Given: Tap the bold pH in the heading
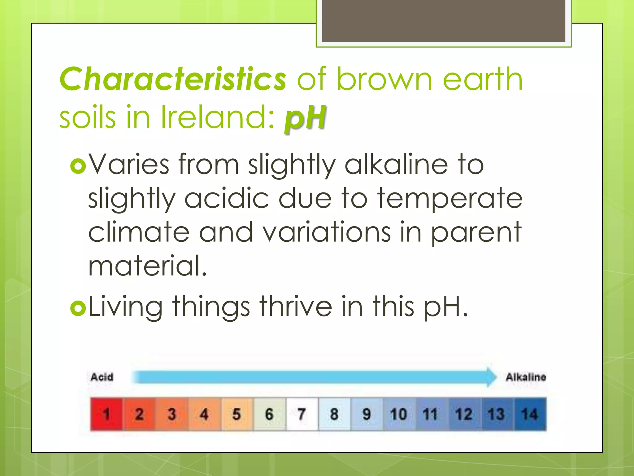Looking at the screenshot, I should coord(305,118).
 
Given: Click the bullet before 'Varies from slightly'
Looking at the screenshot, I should coord(78,166).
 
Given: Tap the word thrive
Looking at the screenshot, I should coord(296,307).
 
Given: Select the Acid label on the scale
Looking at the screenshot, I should coord(102,377).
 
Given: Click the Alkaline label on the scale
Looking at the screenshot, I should coord(526,377).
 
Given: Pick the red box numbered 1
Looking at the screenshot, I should coord(106,414).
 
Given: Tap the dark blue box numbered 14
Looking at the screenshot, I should coord(530,414).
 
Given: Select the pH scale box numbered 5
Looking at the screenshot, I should coord(237,414).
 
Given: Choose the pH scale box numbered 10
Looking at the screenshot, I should coord(398,414).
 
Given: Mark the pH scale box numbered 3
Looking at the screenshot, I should coord(172,414).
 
